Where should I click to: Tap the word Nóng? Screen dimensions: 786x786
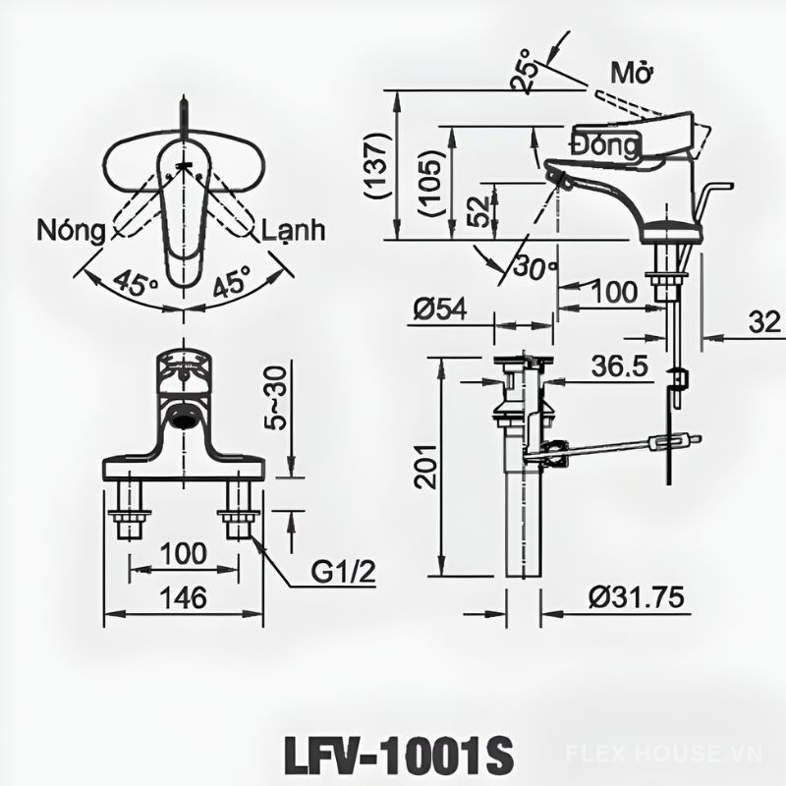(71, 232)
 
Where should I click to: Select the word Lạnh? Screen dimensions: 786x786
(293, 232)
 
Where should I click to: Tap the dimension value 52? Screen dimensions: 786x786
(478, 209)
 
